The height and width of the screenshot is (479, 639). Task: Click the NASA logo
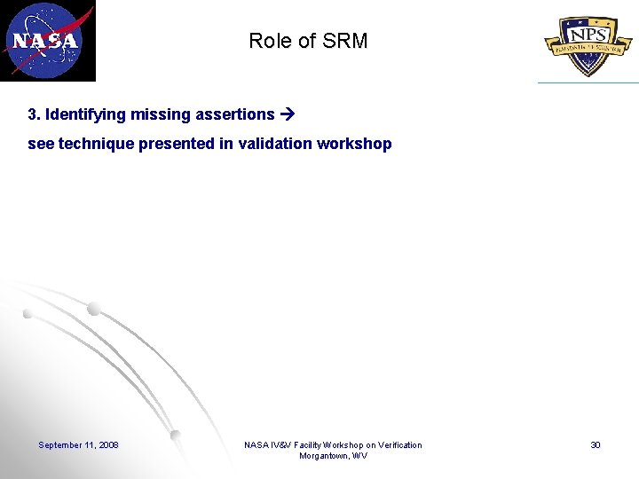pos(47,41)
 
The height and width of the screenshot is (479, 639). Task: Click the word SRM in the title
pos(347,41)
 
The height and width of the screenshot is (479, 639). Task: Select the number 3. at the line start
pos(35,114)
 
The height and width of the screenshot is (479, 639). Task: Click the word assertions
pos(233,114)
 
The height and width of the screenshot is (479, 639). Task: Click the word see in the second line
pos(41,144)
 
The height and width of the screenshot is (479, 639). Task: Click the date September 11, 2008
pos(78,444)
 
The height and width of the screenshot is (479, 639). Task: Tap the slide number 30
pos(596,444)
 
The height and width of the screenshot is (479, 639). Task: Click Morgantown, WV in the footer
pos(333,456)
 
